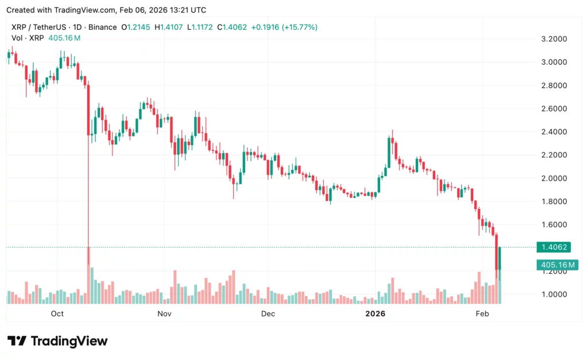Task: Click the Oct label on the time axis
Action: coord(57,313)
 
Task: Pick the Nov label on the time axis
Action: coord(165,313)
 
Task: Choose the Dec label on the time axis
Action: coord(268,313)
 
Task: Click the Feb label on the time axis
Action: coord(482,313)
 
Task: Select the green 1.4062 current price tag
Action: coord(552,247)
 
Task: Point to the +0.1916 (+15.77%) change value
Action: coord(284,27)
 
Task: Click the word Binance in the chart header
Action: coord(100,27)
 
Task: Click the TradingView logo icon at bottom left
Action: coord(17,341)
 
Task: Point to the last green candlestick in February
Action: coord(500,258)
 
